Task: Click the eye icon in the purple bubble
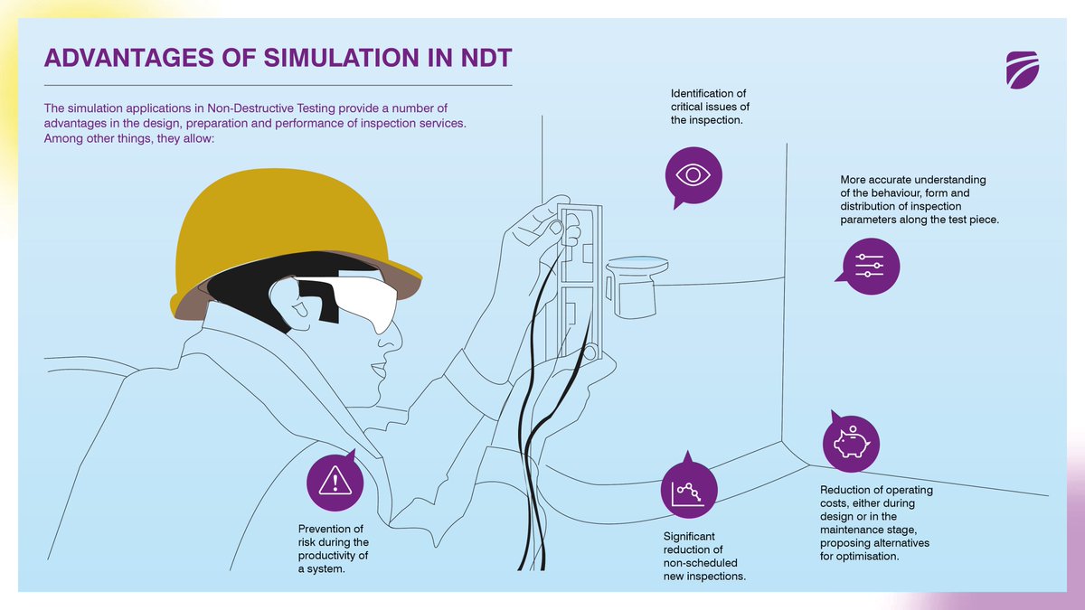pyautogui.click(x=693, y=174)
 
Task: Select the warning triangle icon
pyautogui.click(x=335, y=482)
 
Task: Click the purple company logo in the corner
pyautogui.click(x=1023, y=71)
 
